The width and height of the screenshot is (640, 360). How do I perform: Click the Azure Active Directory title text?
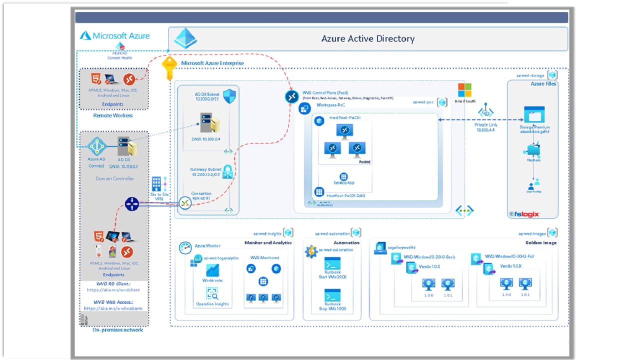367,39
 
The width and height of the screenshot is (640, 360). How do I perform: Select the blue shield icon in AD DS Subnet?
228,96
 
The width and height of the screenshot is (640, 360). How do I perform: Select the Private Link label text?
485,124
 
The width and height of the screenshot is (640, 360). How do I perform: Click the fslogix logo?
524,214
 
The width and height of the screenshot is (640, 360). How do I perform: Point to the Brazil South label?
464,101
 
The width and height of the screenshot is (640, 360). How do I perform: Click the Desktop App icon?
343,176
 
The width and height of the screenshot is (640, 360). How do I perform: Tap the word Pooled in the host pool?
364,162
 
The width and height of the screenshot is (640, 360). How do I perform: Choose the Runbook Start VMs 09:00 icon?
332,263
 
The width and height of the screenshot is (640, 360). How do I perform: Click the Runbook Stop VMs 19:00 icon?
332,294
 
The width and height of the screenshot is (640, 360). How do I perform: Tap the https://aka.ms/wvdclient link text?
113,290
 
